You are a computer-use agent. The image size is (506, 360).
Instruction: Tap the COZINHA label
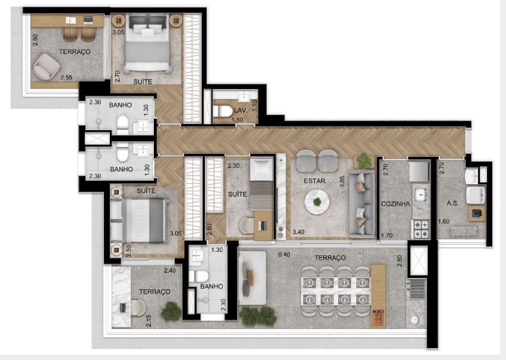pos(396,204)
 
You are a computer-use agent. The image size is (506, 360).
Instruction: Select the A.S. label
pos(453,203)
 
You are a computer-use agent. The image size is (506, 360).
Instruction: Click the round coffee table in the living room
pos(317,202)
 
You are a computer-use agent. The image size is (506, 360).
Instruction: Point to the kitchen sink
pos(420,195)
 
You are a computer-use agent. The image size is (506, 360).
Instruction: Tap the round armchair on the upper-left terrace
pos(46,66)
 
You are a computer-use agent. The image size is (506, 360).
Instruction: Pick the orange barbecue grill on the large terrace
pos(378,318)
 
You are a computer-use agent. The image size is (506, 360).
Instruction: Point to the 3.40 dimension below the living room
pos(298,232)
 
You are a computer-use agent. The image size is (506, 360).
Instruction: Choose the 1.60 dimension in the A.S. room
pos(444,222)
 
